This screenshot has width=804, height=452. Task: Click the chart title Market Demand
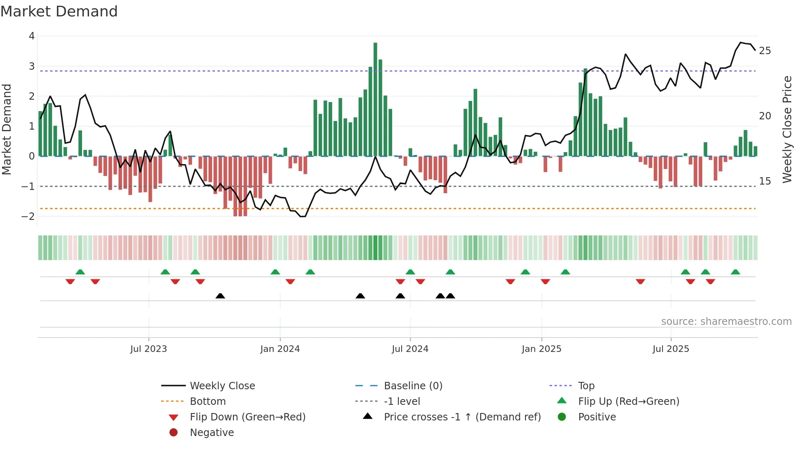click(x=59, y=11)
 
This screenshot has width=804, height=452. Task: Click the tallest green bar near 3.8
click(x=375, y=98)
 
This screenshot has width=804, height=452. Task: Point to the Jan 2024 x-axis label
click(x=280, y=349)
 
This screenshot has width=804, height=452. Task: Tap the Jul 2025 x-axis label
click(x=671, y=349)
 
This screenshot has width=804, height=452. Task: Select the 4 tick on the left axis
click(x=32, y=36)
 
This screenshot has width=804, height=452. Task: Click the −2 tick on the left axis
click(x=28, y=217)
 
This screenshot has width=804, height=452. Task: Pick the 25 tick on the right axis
click(x=765, y=51)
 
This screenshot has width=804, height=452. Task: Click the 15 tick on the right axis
click(x=765, y=181)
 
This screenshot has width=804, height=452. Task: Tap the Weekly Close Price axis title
click(x=787, y=129)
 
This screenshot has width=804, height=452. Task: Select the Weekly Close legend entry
click(x=222, y=386)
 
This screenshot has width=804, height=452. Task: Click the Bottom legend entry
click(x=208, y=402)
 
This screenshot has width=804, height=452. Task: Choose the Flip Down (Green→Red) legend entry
click(x=247, y=417)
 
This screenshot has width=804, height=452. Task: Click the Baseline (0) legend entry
click(x=413, y=386)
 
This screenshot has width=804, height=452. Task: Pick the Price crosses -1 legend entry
click(x=462, y=417)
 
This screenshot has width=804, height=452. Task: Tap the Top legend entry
click(x=586, y=386)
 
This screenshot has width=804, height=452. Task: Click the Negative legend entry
click(x=212, y=433)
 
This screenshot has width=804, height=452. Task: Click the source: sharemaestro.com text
click(x=726, y=322)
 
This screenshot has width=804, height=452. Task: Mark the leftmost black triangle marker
click(x=220, y=296)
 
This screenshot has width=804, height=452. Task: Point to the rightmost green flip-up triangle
click(x=735, y=272)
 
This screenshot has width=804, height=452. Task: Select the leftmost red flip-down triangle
click(x=70, y=281)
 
